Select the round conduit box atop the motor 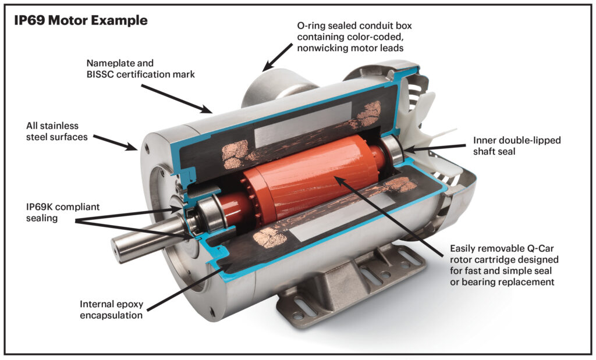[274, 87]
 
